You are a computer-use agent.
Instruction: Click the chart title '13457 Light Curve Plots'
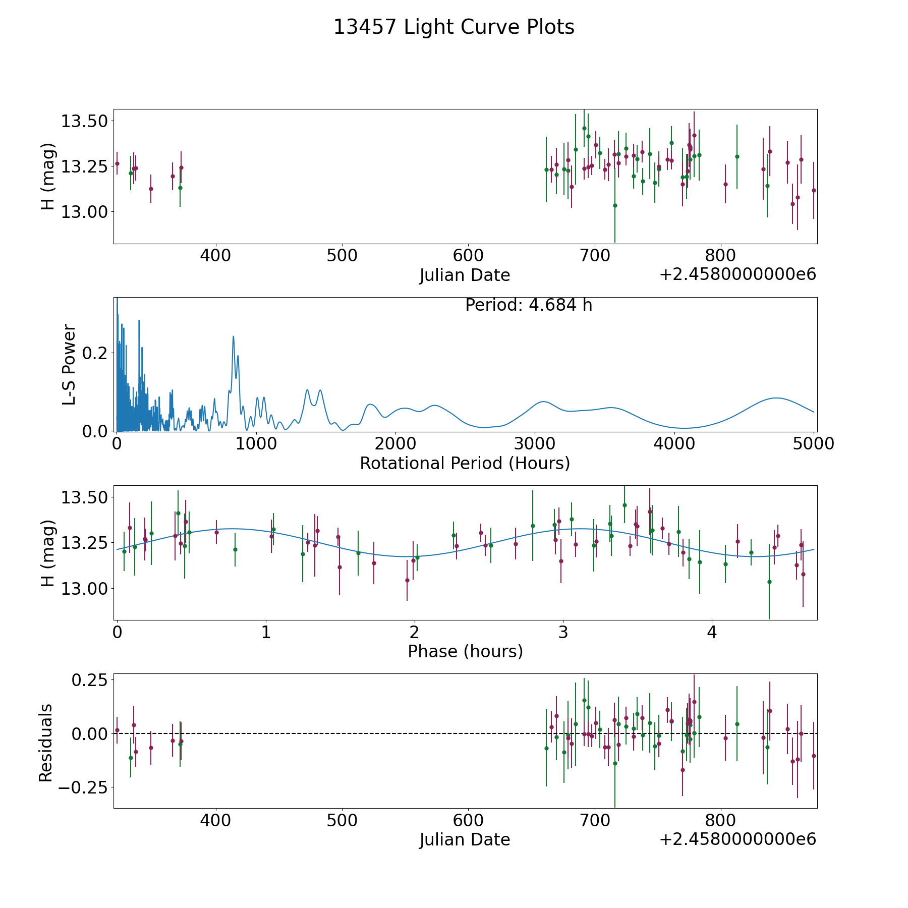(x=454, y=27)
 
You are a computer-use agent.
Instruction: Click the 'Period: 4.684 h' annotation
(x=529, y=305)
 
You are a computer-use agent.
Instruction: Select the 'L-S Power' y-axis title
(x=70, y=365)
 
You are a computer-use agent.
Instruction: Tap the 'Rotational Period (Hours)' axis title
(x=465, y=463)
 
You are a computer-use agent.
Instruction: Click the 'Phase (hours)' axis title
(x=465, y=651)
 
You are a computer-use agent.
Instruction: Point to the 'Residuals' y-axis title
(x=46, y=743)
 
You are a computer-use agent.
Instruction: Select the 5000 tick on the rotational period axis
(x=813, y=443)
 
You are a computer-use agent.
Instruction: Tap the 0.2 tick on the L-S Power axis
(x=95, y=353)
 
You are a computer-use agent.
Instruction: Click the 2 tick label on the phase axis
(x=414, y=632)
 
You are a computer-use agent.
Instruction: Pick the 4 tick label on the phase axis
(x=712, y=632)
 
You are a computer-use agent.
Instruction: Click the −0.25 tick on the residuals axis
(x=83, y=787)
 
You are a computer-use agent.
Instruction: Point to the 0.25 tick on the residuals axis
(x=90, y=680)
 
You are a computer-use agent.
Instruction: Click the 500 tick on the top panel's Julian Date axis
(x=342, y=255)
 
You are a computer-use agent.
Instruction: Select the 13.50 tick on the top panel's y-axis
(x=84, y=121)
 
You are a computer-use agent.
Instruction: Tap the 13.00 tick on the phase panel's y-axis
(x=84, y=588)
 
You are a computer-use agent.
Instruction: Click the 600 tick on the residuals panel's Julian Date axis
(x=468, y=820)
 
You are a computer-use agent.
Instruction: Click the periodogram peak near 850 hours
(x=234, y=336)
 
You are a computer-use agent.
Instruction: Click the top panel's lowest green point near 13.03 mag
(x=615, y=205)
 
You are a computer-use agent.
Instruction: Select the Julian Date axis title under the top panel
(x=465, y=275)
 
